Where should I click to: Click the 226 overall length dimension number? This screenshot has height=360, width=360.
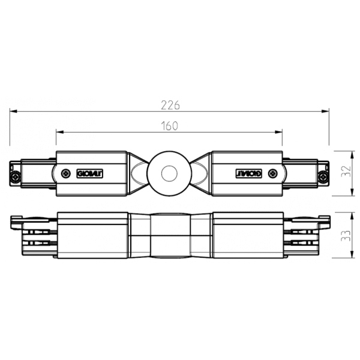(171, 104)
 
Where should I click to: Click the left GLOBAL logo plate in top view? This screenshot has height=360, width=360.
(91, 173)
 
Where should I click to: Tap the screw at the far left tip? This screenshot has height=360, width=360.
(15, 177)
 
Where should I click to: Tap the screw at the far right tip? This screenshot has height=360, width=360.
(323, 177)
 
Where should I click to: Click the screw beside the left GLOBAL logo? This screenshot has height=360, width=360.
(64, 173)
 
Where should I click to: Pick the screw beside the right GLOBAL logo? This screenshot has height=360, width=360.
(274, 173)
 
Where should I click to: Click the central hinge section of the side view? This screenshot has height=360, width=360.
(170, 235)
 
